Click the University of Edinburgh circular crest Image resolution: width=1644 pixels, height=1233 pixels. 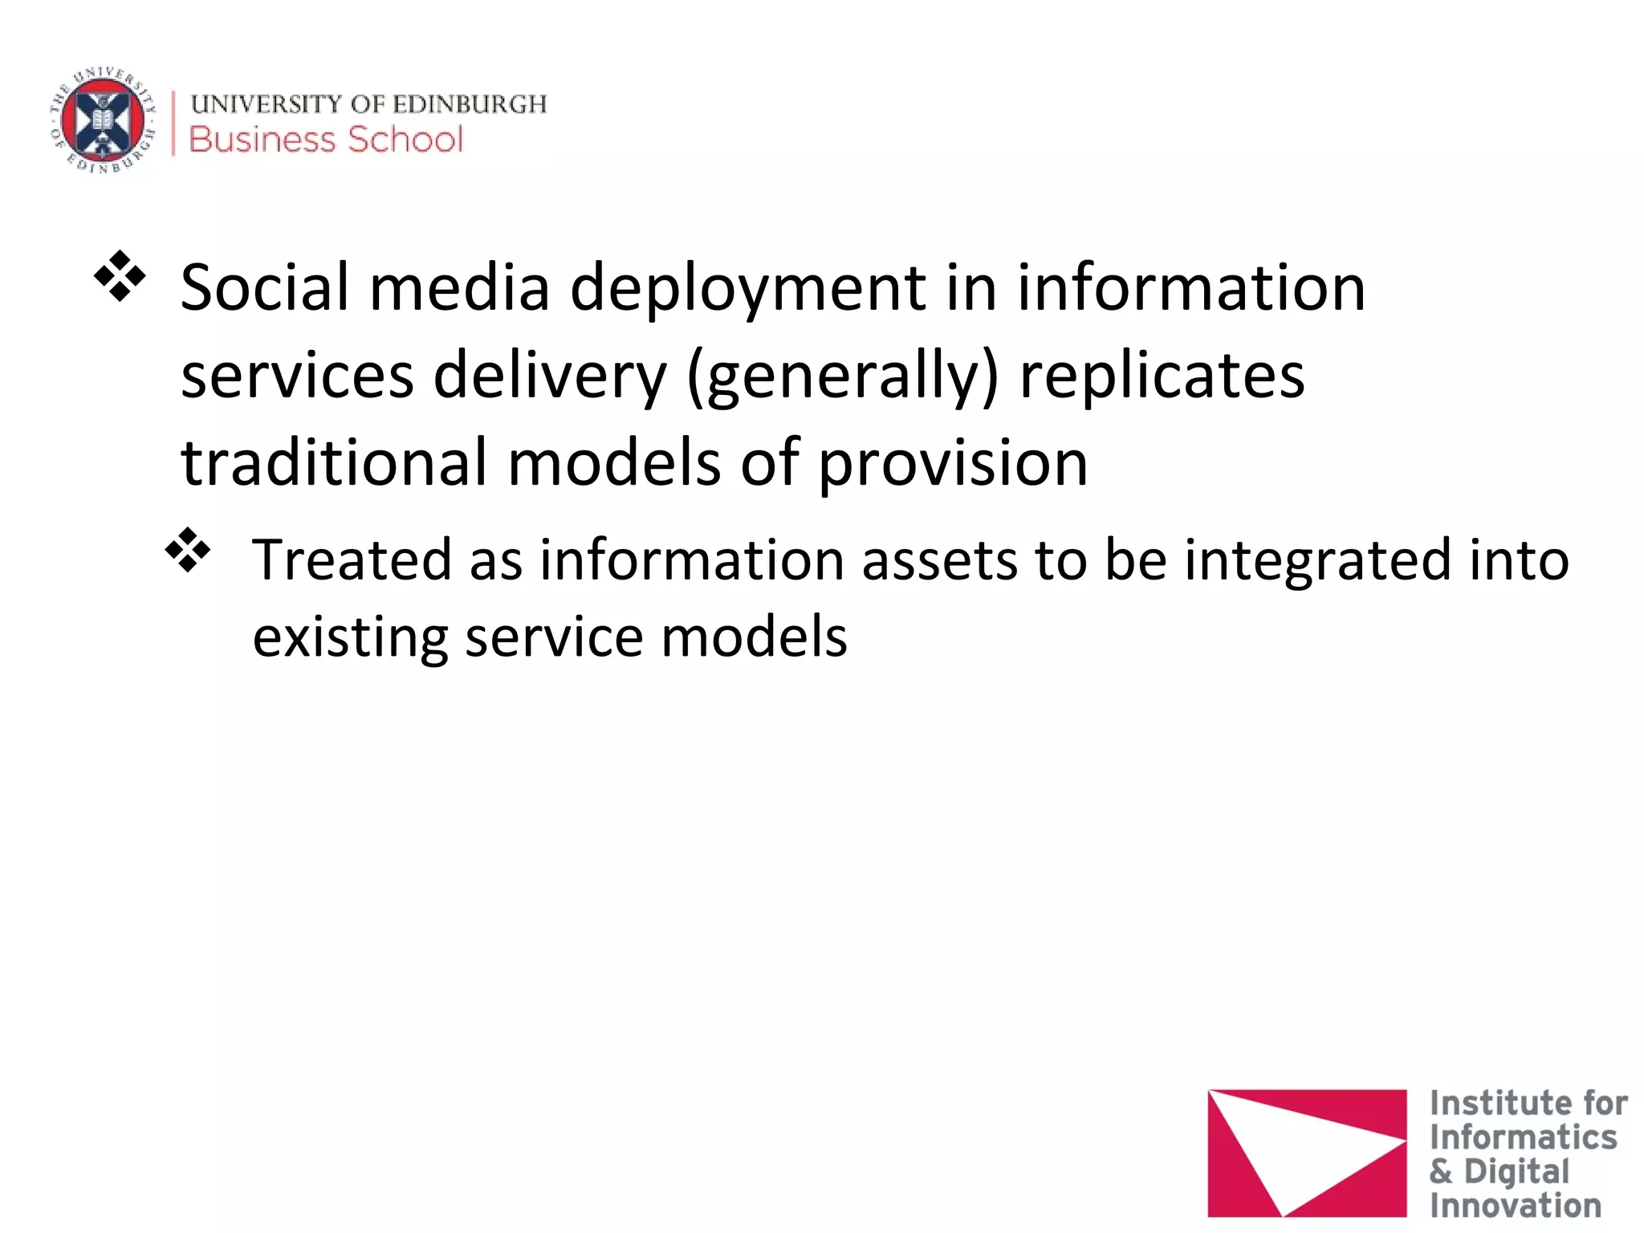(103, 121)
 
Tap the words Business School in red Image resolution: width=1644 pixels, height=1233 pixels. (326, 140)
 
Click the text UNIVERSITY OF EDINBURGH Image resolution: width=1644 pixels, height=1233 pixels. (368, 104)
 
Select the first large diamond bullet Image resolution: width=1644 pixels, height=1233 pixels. (120, 277)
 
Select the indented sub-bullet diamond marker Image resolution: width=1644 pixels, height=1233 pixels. (187, 551)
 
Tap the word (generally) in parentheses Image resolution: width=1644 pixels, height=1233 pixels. (843, 377)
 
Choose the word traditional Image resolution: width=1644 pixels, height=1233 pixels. (334, 463)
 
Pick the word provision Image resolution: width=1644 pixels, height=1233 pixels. (953, 465)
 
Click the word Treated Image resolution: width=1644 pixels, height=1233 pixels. (352, 560)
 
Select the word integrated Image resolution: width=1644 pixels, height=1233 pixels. (1317, 560)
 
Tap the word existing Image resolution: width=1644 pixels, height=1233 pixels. (349, 637)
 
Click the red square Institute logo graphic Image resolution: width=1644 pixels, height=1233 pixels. (1307, 1153)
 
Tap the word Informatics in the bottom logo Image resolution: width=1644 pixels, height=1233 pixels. (1523, 1137)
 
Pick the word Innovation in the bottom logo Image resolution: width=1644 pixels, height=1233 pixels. (1515, 1206)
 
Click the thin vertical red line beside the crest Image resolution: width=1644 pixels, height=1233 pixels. (173, 123)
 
